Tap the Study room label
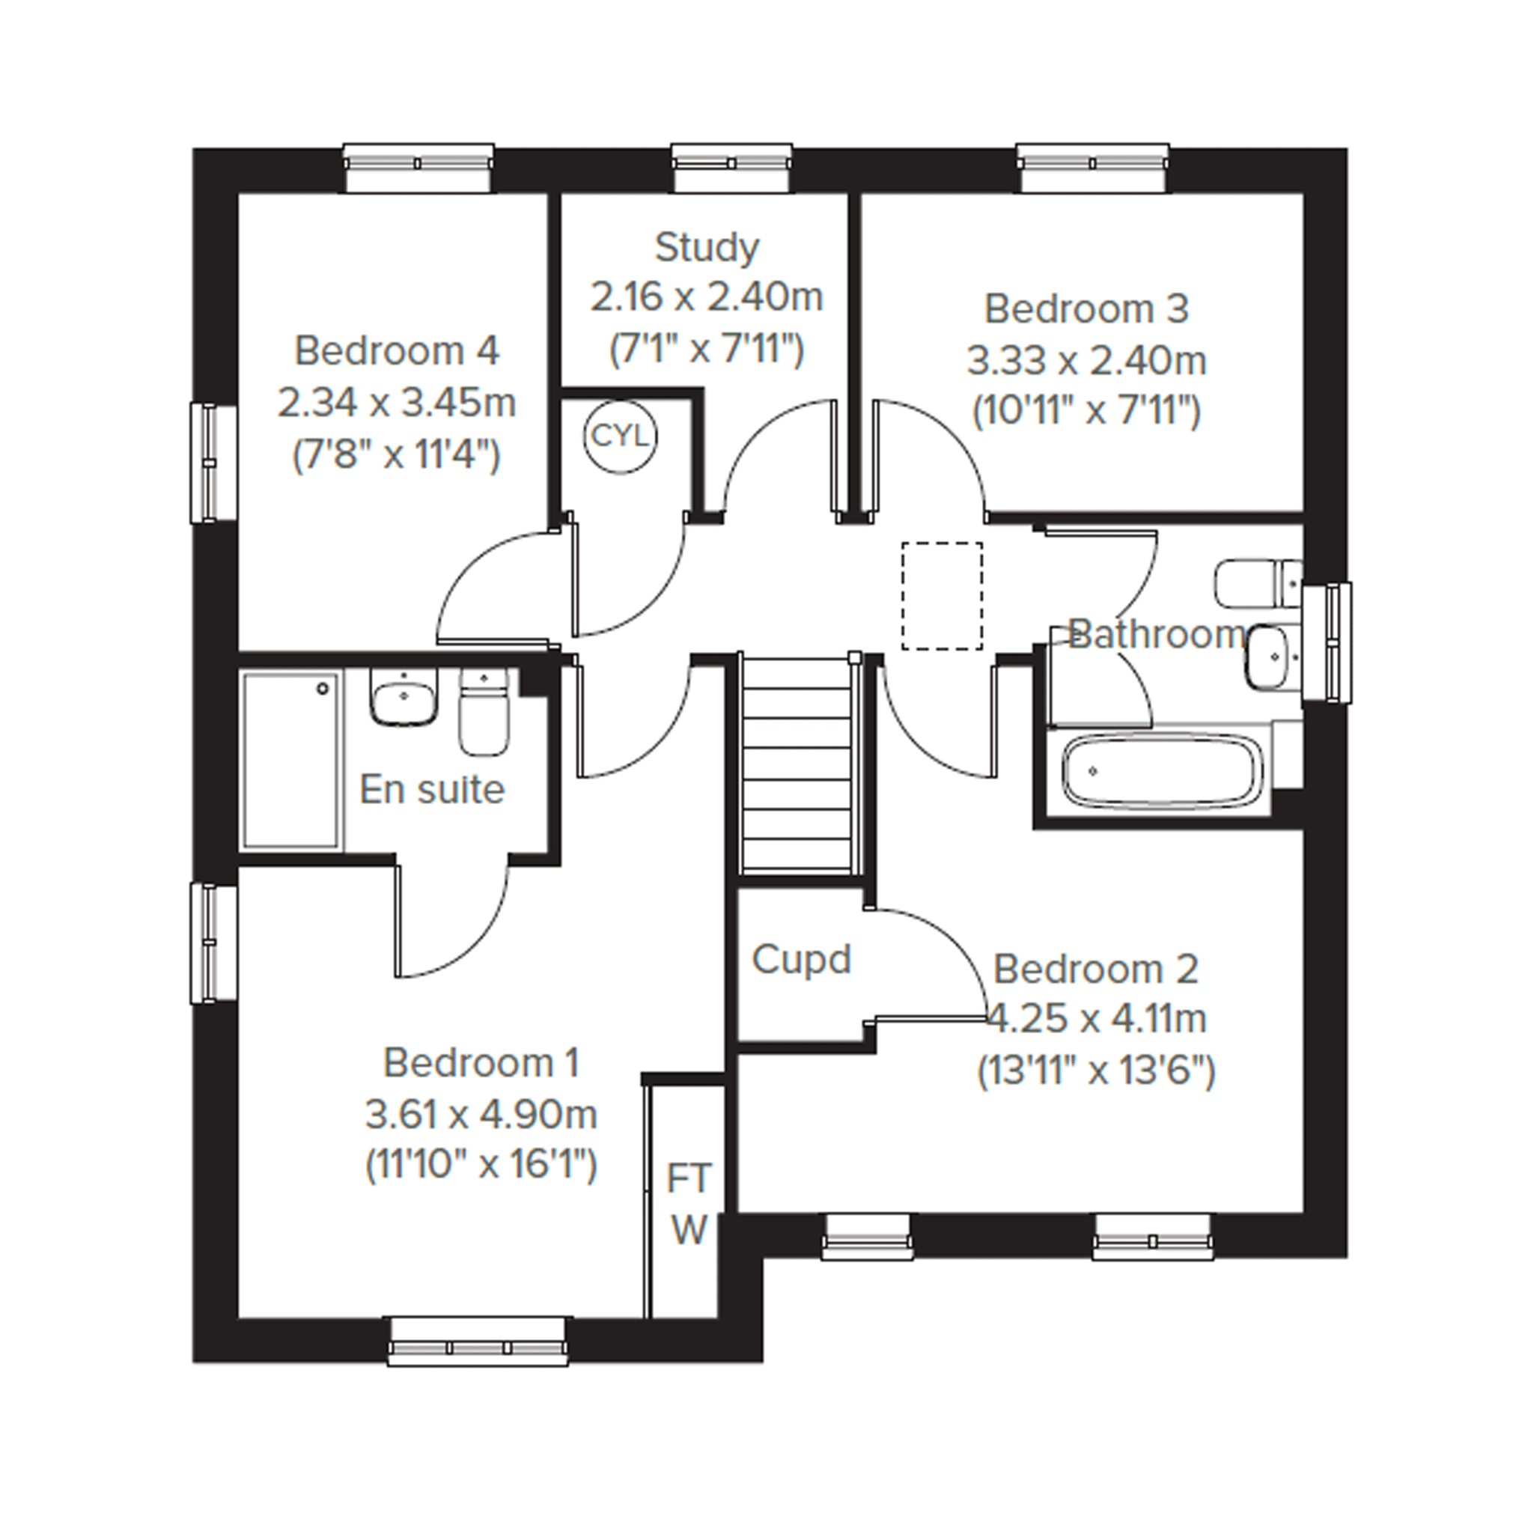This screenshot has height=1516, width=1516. click(x=707, y=249)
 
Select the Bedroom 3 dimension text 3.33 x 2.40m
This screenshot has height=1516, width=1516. click(x=1086, y=361)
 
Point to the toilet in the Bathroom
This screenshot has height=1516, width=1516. click(x=1257, y=584)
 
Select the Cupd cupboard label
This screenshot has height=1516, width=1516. click(x=801, y=959)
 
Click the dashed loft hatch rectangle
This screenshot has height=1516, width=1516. click(x=942, y=596)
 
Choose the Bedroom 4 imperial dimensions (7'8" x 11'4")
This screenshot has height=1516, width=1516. click(x=396, y=454)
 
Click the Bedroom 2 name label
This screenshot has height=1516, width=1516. click(x=1095, y=969)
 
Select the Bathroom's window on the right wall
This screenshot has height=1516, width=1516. click(x=1327, y=642)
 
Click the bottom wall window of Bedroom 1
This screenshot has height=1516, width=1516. click(x=478, y=1342)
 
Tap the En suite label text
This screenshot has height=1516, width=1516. click(x=431, y=789)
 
